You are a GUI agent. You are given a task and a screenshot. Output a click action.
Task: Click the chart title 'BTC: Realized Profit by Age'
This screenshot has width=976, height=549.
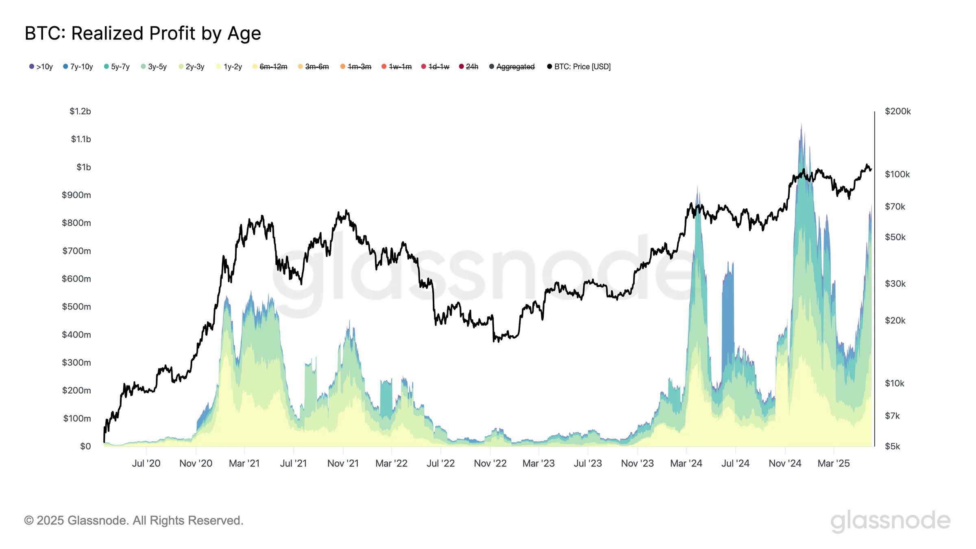click(x=143, y=33)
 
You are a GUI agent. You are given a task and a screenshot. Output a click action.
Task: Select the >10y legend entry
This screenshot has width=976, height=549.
click(x=41, y=67)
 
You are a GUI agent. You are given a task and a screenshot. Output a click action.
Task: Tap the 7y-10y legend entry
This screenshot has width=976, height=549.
click(x=78, y=67)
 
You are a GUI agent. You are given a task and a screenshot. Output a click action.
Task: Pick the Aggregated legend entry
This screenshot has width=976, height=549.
click(x=512, y=67)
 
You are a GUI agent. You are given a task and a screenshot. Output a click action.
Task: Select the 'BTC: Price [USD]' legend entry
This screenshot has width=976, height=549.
click(x=579, y=67)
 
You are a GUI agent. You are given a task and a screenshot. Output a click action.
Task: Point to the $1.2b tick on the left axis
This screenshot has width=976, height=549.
click(x=80, y=111)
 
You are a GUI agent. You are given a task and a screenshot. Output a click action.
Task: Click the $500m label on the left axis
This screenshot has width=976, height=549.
click(x=76, y=307)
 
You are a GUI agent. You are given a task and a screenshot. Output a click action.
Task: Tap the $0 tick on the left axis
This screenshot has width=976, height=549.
click(x=85, y=447)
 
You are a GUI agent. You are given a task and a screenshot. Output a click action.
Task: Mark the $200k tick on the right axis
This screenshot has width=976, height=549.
click(x=898, y=111)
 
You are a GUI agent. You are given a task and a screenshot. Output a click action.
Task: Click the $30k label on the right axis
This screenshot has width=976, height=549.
click(x=895, y=284)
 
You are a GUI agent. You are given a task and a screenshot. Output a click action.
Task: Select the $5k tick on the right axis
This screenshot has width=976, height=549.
click(x=893, y=447)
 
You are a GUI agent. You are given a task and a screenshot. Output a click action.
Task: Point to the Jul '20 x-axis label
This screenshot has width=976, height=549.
click(x=146, y=464)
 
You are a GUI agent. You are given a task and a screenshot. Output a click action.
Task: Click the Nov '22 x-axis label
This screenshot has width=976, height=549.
click(x=490, y=464)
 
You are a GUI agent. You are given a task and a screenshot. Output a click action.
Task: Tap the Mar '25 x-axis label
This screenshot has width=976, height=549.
click(x=834, y=464)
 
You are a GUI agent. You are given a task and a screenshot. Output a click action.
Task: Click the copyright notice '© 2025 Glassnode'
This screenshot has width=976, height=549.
click(x=134, y=521)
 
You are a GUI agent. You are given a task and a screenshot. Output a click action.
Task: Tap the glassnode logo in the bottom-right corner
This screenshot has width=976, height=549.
click(x=890, y=521)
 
